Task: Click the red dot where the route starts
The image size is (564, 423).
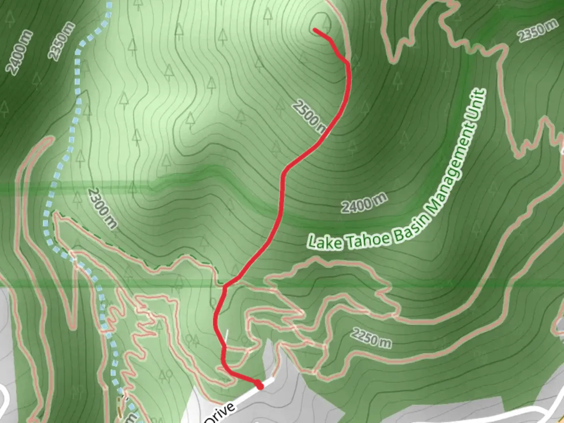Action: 259,386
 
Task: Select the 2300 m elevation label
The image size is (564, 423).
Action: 102,208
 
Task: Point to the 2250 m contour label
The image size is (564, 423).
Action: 371,338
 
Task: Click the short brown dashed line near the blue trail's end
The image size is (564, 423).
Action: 120,406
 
